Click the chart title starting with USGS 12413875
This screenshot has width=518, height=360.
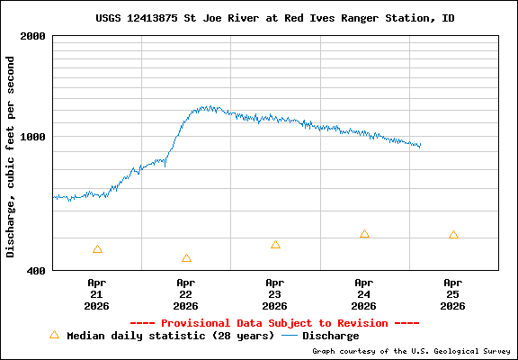(274, 18)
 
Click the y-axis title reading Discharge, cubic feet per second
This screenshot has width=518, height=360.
(11, 157)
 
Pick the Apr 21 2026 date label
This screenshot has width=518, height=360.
(97, 293)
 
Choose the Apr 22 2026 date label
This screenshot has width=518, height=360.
(186, 293)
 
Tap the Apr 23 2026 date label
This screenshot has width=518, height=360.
(275, 293)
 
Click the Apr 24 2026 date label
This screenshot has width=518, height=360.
(364, 293)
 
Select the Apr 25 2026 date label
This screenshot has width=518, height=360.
(453, 293)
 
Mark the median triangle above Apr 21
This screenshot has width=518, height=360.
(97, 249)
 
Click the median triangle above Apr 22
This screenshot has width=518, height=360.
(186, 258)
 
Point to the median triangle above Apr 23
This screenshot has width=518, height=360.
(275, 245)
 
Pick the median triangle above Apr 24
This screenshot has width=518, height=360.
(364, 234)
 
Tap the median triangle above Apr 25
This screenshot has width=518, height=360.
(453, 235)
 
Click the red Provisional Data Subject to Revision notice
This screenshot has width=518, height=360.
(274, 322)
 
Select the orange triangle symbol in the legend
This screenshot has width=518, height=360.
(54, 335)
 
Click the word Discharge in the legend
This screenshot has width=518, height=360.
(330, 336)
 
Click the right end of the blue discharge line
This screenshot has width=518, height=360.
(420, 146)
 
